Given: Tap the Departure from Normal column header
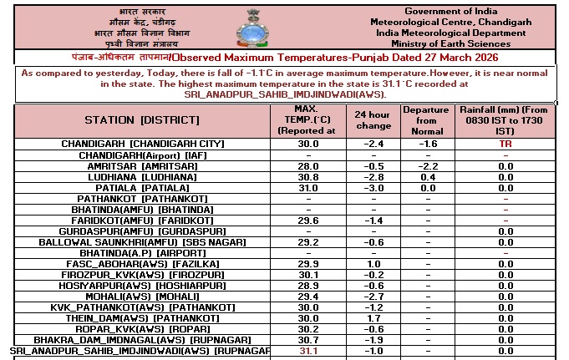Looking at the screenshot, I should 425,120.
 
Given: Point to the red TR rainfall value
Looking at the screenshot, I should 505,144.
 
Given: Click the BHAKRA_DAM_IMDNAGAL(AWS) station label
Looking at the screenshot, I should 143,340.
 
